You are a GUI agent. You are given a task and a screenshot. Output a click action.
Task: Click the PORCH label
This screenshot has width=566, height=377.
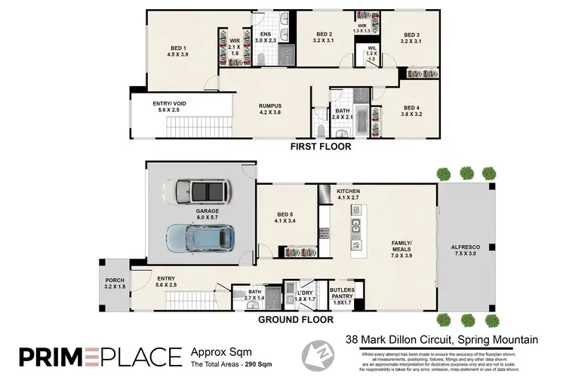click(112, 284)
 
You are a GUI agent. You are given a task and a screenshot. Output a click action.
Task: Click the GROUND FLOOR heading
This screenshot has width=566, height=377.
click(297, 320)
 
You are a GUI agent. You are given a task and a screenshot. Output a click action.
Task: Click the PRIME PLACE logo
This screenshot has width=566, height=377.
click(100, 355)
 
